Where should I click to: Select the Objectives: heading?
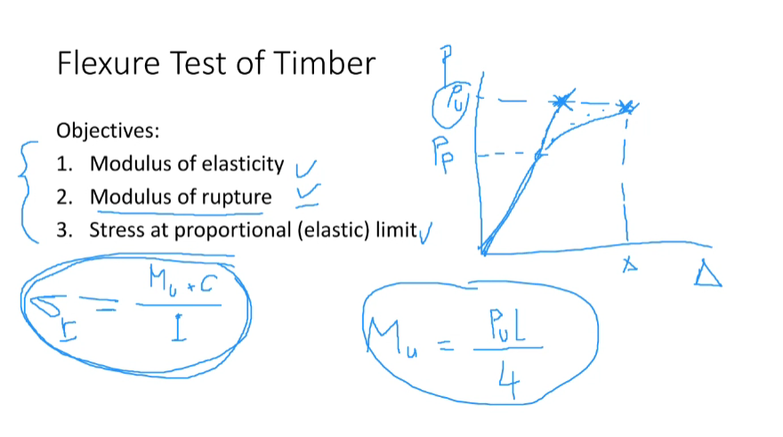[108, 131]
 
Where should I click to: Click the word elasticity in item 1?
[243, 165]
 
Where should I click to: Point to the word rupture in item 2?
[237, 197]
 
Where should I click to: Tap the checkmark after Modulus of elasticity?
[305, 166]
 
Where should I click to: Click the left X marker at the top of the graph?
[561, 101]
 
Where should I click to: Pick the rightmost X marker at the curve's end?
[627, 107]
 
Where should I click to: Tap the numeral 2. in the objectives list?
[63, 197]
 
